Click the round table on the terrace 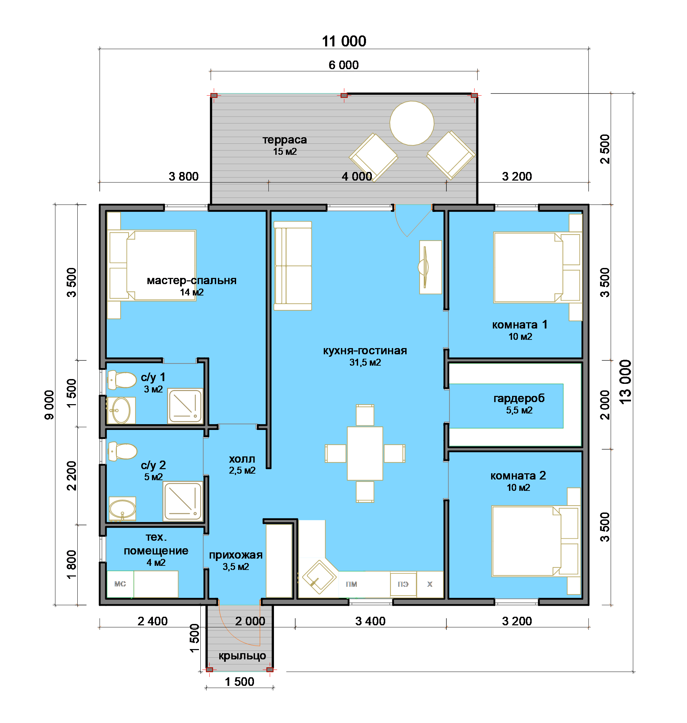pos(412,123)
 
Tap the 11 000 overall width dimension pos(344,41)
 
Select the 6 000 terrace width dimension pos(344,65)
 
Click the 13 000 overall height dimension pos(625,382)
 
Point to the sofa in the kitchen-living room pos(292,266)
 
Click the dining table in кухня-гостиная pos(365,453)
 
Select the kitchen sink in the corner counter pos(319,577)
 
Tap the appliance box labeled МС pos(120,584)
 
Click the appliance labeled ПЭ pos(403,584)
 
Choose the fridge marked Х pos(430,584)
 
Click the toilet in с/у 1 pos(122,380)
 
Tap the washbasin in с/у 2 pos(122,509)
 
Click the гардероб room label pos(519,398)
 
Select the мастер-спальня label pos(191,280)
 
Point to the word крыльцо pos(242,656)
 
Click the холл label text pos(242,459)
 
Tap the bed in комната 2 pos(535,541)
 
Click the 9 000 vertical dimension pos(49,405)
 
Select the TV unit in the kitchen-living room pos(430,267)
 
